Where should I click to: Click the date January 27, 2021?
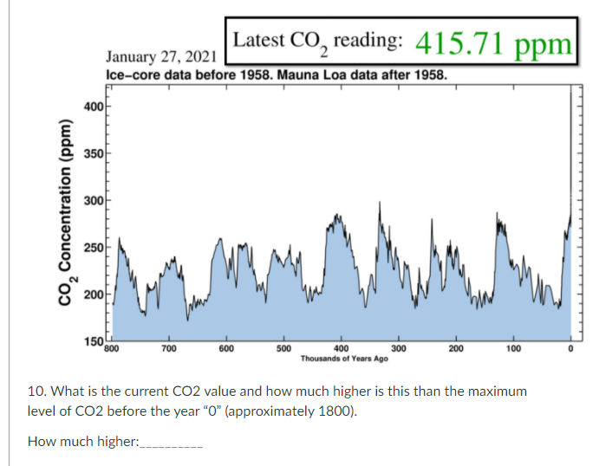coord(160,57)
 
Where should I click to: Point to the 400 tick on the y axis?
coord(94,106)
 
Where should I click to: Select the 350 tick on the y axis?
coord(94,153)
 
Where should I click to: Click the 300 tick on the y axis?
coord(94,201)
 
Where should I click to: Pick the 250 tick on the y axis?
coord(94,249)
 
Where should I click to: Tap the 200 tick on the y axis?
coord(94,296)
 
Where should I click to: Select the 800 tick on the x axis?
coord(110,348)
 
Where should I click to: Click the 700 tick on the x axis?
coord(169,348)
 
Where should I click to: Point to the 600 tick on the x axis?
coord(226,348)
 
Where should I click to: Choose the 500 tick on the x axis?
coord(283,348)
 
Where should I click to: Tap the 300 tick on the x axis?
coord(399,348)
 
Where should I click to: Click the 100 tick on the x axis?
coord(513,348)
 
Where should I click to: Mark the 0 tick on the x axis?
coord(570,348)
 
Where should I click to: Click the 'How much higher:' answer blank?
coord(171,443)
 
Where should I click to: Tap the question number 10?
coord(36,392)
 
